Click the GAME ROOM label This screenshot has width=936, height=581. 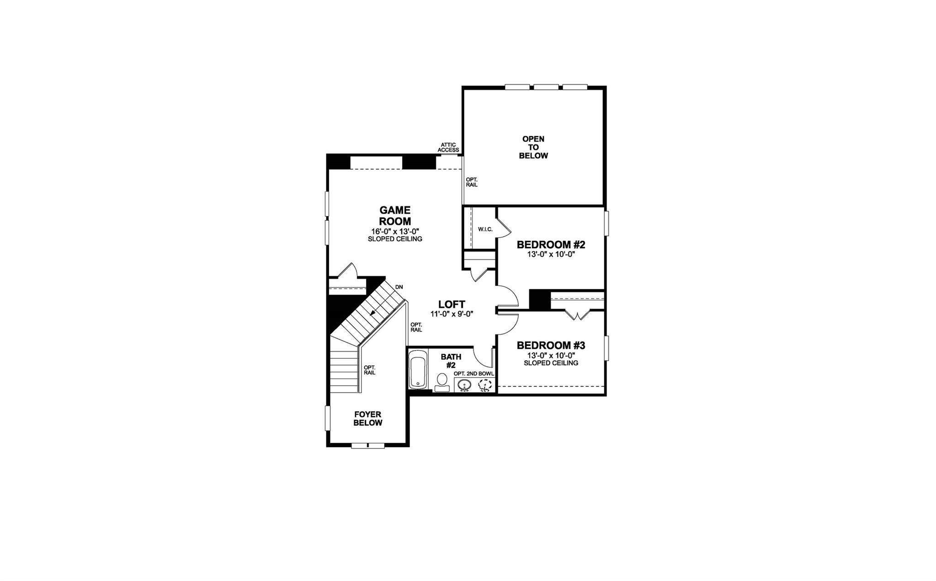click(395, 216)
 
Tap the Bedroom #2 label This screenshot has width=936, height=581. click(551, 245)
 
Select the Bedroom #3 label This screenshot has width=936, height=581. click(551, 345)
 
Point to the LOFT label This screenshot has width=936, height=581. click(452, 304)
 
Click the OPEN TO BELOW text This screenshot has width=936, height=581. click(533, 147)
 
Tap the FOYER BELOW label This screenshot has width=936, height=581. click(368, 419)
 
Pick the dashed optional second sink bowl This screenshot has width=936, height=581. click(484, 386)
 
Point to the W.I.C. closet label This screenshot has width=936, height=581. click(485, 229)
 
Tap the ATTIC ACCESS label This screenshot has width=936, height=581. click(448, 147)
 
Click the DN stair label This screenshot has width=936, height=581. click(399, 287)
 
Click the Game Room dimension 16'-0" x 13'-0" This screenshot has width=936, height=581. click(395, 231)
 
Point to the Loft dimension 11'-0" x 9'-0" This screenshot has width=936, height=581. click(452, 314)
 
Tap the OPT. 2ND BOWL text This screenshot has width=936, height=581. click(474, 373)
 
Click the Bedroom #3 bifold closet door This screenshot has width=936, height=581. click(578, 314)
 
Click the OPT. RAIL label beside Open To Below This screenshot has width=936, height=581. click(472, 182)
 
